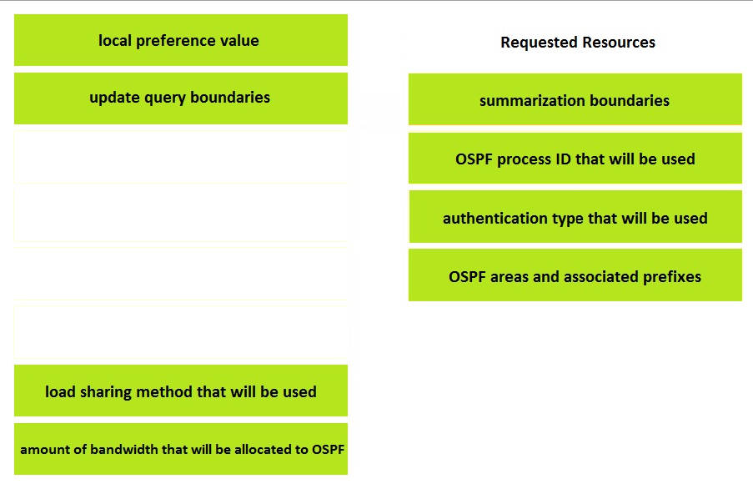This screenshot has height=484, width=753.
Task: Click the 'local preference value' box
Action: pos(181,40)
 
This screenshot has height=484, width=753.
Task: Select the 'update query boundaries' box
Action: pos(181,98)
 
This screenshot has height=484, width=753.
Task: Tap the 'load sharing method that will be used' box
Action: pos(181,391)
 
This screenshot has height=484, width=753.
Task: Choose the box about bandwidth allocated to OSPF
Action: pos(181,449)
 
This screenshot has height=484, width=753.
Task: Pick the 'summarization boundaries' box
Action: pos(575,99)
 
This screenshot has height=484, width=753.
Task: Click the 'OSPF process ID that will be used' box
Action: pos(575,158)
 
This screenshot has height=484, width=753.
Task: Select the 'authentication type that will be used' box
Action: pos(575,217)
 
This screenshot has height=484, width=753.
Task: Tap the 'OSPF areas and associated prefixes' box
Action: pos(575,275)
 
